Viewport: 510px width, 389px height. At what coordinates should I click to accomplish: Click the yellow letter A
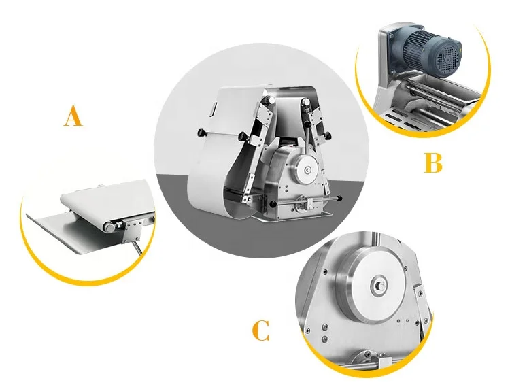coord(73,116)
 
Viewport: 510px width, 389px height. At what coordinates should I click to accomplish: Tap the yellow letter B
coord(433,163)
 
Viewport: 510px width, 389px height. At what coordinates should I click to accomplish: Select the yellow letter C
coord(260,331)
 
